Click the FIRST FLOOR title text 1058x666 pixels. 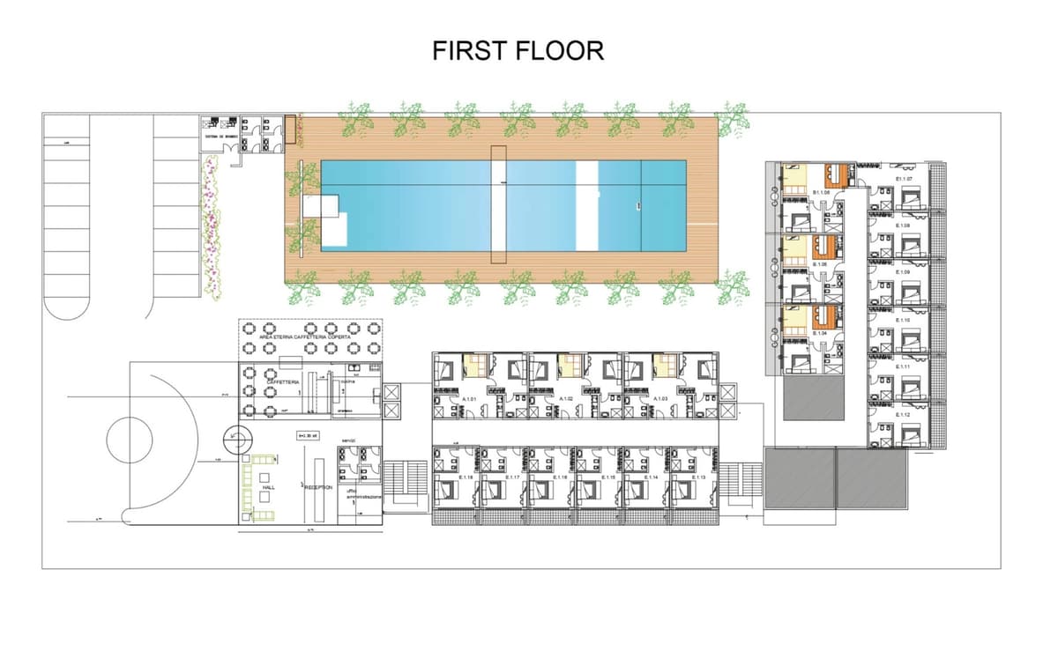click(x=518, y=51)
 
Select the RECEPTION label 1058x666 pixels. click(x=319, y=486)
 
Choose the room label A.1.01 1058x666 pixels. click(x=470, y=399)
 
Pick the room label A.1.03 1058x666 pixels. click(x=660, y=399)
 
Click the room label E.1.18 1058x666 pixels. click(x=466, y=477)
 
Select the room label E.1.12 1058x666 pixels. click(x=903, y=414)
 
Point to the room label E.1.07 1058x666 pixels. click(x=903, y=179)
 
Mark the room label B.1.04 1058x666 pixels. click(x=821, y=333)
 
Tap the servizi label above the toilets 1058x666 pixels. click(x=348, y=440)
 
